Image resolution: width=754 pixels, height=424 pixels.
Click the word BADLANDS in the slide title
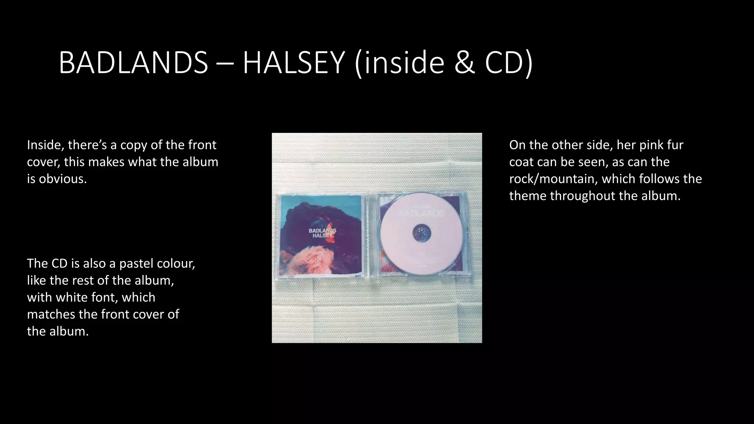pyautogui.click(x=133, y=63)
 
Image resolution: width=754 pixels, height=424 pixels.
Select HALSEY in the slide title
pyautogui.click(x=293, y=63)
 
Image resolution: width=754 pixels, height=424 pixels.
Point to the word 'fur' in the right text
pyautogui.click(x=675, y=145)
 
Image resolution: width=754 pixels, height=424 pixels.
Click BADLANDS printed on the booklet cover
pyautogui.click(x=322, y=230)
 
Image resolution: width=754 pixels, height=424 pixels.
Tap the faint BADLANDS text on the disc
pyautogui.click(x=421, y=213)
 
